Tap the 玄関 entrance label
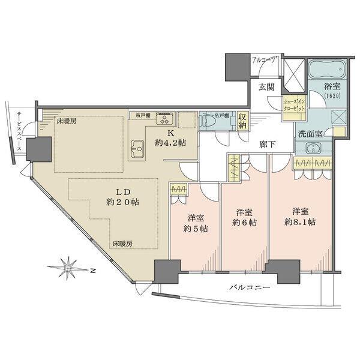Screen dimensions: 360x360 point(267,86)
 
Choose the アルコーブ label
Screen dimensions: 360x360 point(265,61)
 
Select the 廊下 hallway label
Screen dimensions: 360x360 point(268,144)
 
